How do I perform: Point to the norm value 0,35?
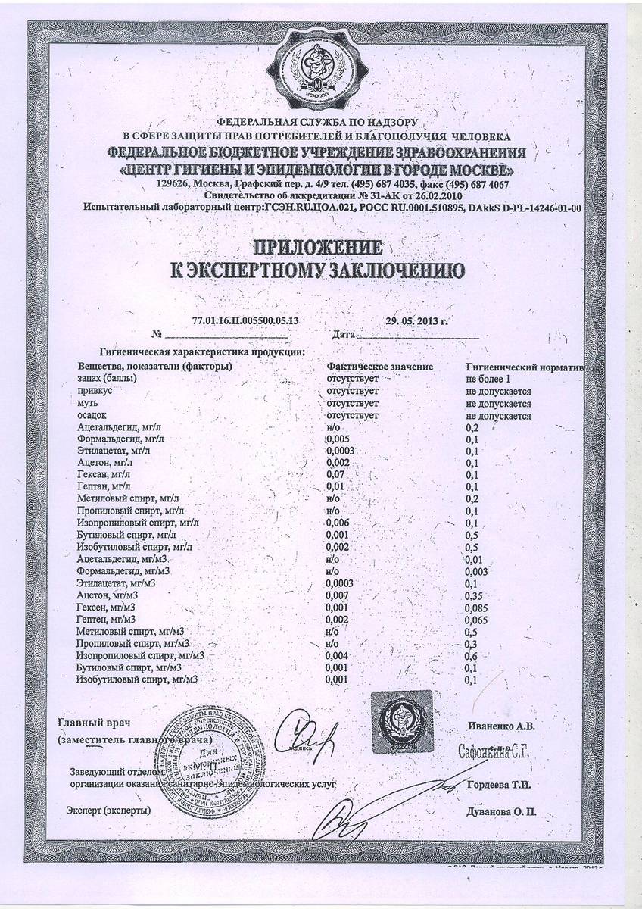(475, 595)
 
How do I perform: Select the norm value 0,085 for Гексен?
(478, 608)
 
